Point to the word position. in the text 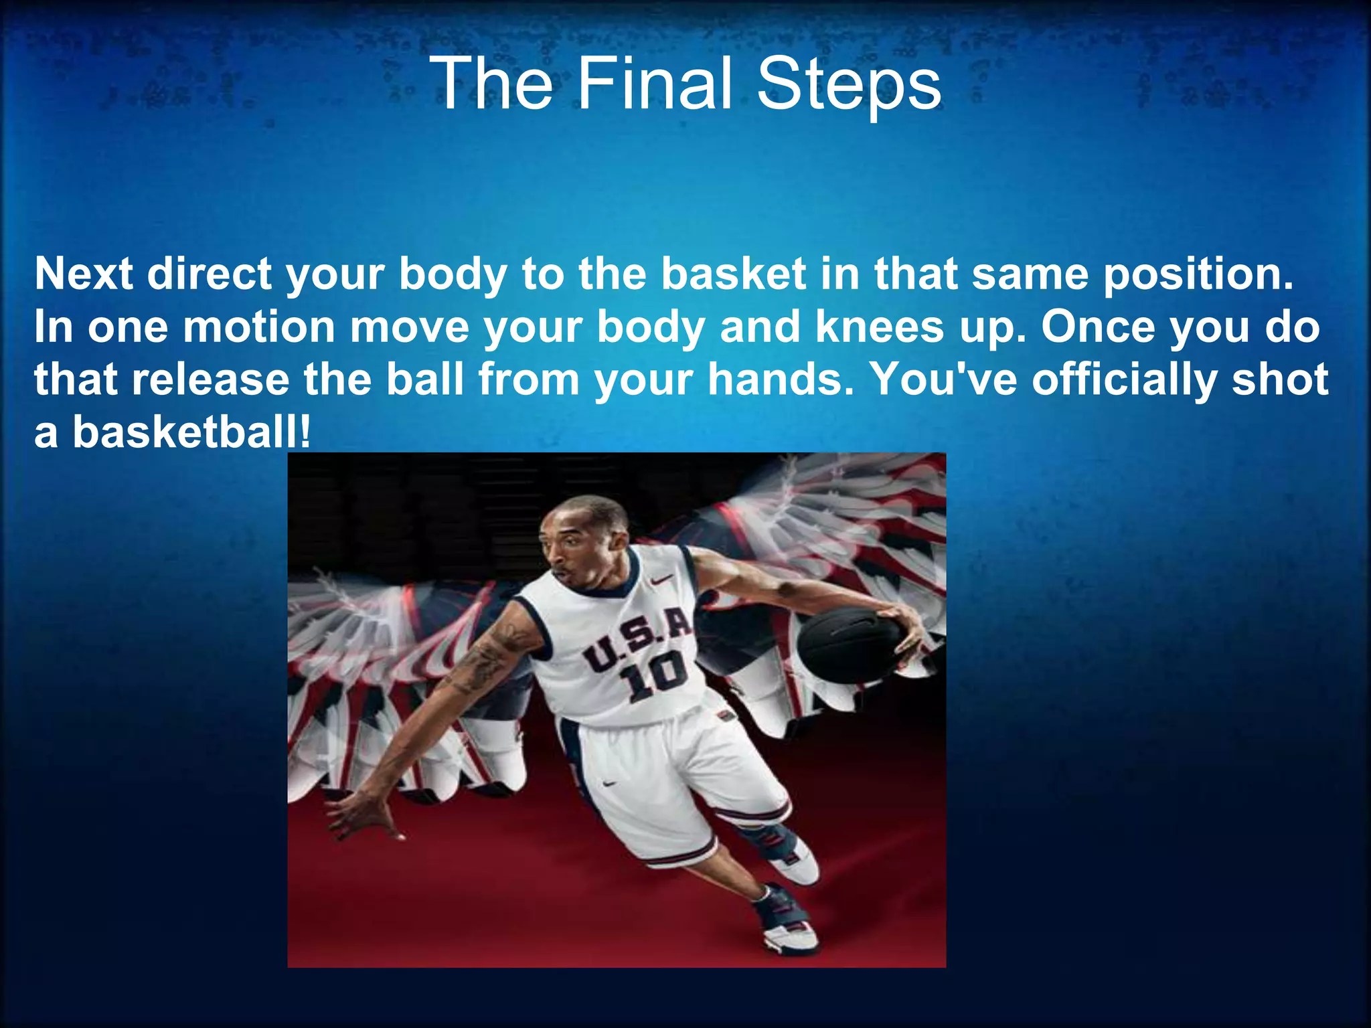click(x=1198, y=275)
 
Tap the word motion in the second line click(x=258, y=327)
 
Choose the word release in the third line click(x=210, y=379)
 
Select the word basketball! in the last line click(x=191, y=432)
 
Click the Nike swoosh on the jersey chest click(x=661, y=582)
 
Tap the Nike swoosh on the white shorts click(x=609, y=782)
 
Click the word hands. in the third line click(x=781, y=379)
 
